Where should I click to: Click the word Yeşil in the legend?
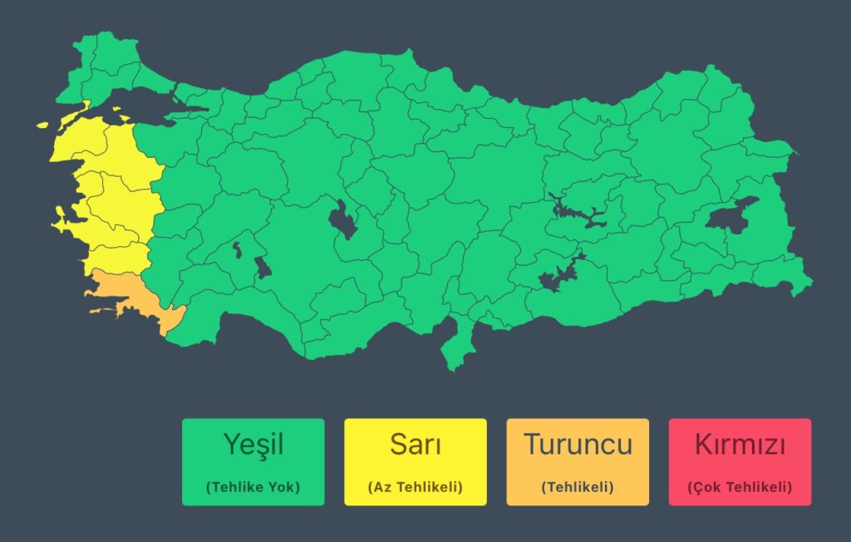click(x=253, y=445)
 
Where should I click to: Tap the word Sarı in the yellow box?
click(x=415, y=445)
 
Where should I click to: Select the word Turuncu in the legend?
click(x=578, y=445)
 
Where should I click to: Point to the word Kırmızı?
click(x=740, y=445)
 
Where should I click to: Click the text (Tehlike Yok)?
click(x=253, y=487)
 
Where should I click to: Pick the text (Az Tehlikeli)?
click(x=415, y=487)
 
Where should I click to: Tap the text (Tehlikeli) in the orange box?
click(x=578, y=487)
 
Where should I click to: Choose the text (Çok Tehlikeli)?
click(x=740, y=487)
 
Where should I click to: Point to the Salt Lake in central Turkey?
click(x=341, y=220)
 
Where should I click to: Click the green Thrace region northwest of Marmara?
click(x=104, y=62)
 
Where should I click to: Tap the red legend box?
click(x=740, y=461)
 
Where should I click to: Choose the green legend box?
click(x=253, y=461)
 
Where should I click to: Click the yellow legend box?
click(x=415, y=461)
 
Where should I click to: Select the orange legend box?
click(x=578, y=461)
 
